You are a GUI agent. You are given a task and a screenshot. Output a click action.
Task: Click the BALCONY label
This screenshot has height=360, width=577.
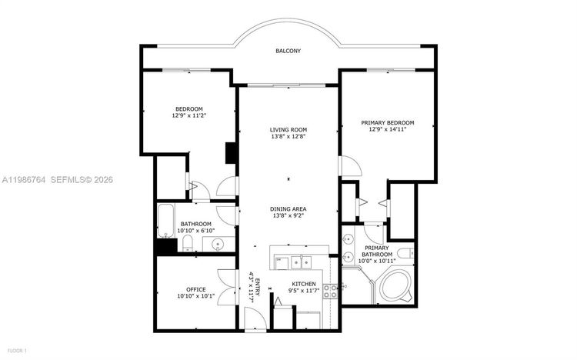pyautogui.click(x=288, y=52)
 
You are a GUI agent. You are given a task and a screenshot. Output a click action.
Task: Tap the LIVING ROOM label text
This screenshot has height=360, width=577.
pyautogui.click(x=288, y=129)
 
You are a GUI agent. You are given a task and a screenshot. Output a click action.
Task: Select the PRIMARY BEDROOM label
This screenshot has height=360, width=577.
pyautogui.click(x=388, y=123)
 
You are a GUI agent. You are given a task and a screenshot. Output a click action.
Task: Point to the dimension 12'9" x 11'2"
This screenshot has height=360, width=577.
pyautogui.click(x=188, y=115)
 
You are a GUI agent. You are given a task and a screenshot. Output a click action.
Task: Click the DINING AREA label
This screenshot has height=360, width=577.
pyautogui.click(x=288, y=208)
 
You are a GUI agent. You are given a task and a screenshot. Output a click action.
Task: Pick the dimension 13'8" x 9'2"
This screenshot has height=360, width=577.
pyautogui.click(x=288, y=217)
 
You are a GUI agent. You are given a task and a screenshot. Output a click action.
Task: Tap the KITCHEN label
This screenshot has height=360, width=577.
pyautogui.click(x=304, y=284)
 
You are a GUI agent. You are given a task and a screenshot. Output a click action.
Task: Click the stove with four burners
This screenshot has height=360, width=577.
pyautogui.click(x=330, y=290)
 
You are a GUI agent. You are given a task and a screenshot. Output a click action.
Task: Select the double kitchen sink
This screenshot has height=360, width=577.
pyautogui.click(x=297, y=262)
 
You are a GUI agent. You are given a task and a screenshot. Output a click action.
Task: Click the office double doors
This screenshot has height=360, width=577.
pyautogui.click(x=225, y=288)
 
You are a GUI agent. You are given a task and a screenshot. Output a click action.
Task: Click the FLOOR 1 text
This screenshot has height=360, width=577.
pyautogui.click(x=15, y=351)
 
